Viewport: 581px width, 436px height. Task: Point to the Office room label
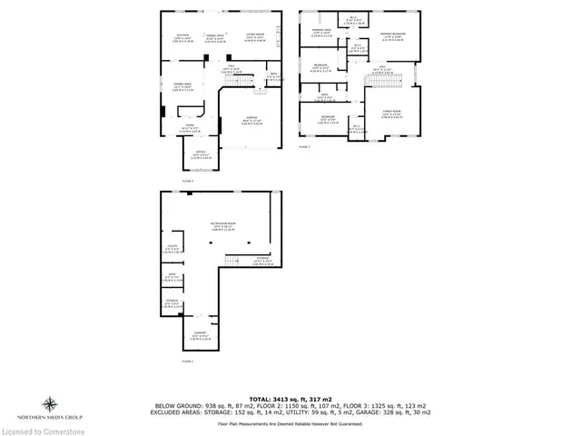click(201, 154)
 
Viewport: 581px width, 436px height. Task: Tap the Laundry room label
click(201, 334)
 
